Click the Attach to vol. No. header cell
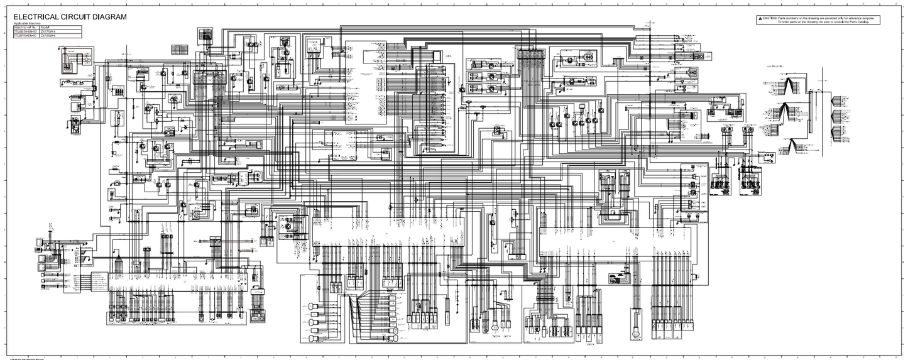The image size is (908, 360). [x=25, y=28]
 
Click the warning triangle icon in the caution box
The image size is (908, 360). [x=759, y=19]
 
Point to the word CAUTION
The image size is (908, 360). [x=769, y=19]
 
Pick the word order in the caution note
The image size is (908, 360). [x=785, y=23]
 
